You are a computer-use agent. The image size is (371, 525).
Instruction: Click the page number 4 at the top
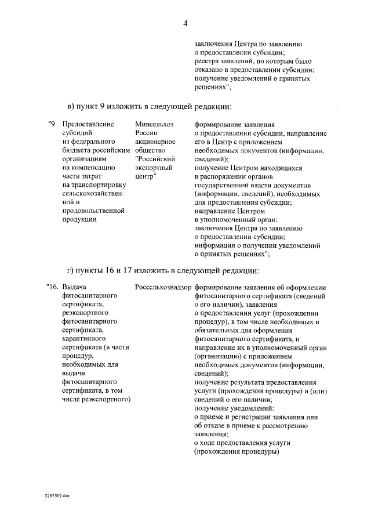click(185, 23)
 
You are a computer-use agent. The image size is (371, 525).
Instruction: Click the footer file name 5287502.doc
click(56, 497)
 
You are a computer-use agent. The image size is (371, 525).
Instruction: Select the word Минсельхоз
click(154, 124)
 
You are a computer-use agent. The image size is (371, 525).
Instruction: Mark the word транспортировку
click(93, 184)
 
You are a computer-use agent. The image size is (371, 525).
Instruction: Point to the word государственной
click(223, 184)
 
